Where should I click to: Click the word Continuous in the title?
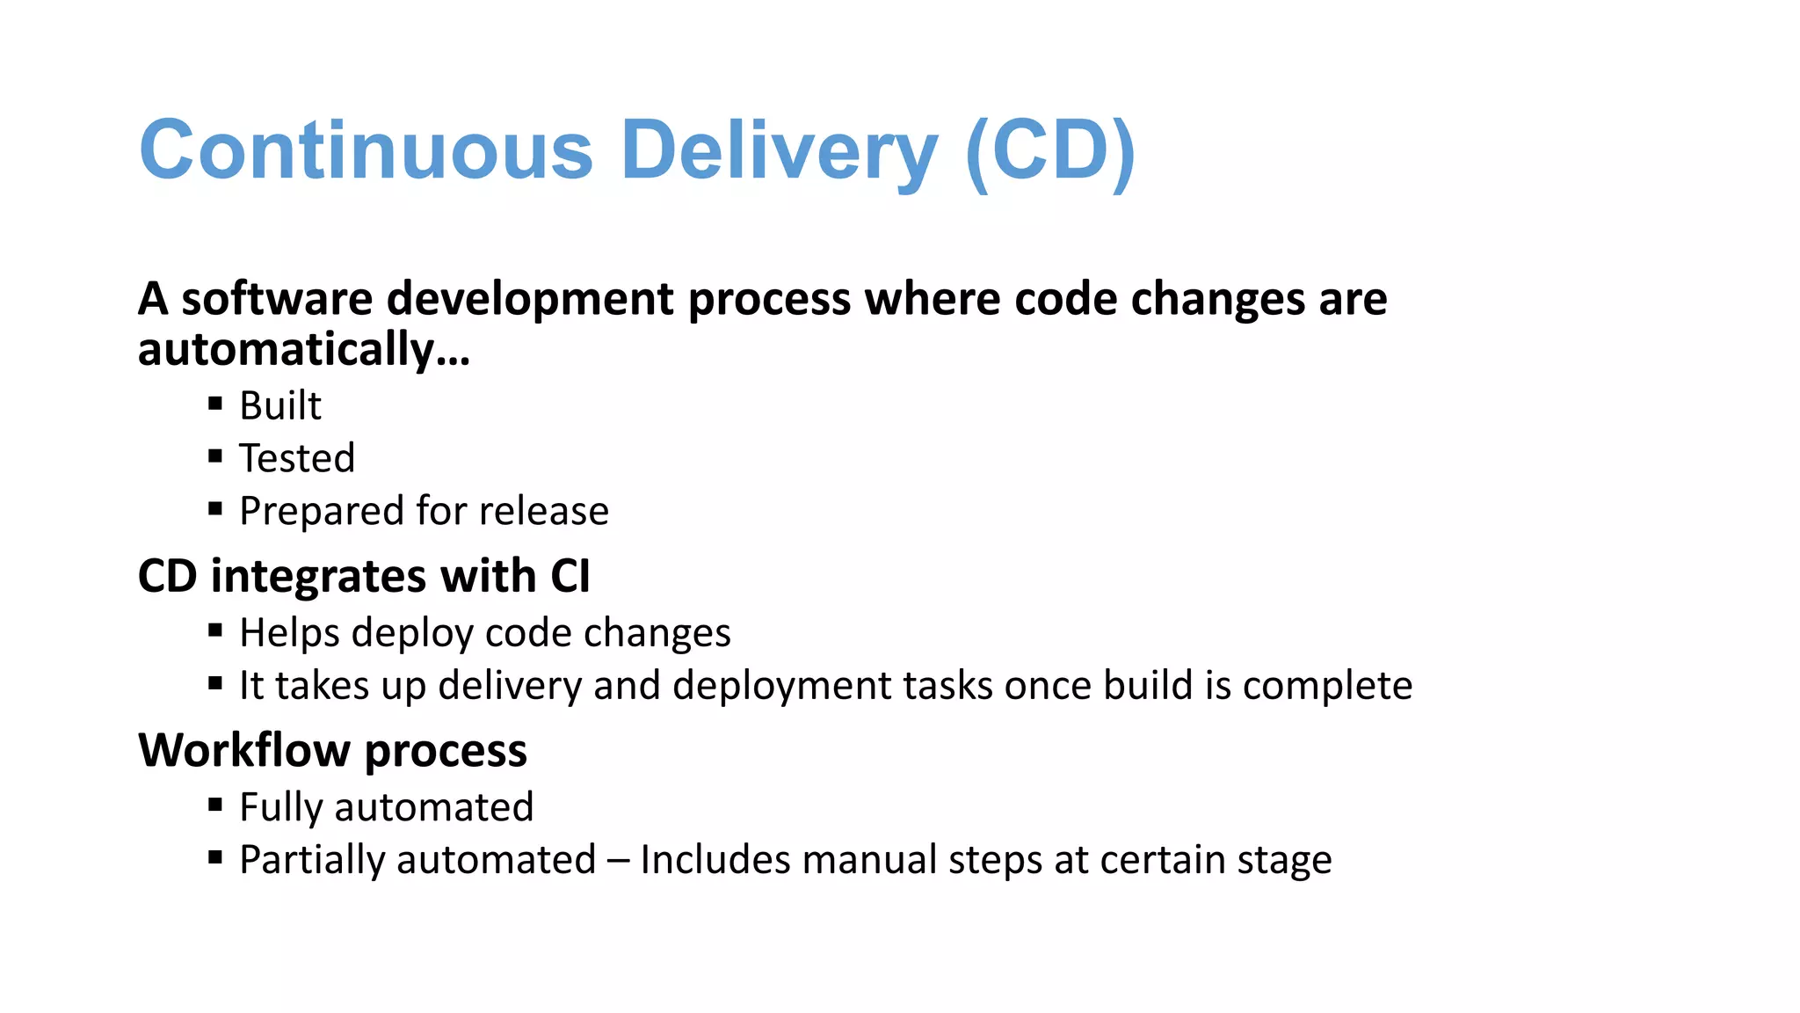pos(366,150)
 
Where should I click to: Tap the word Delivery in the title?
pos(779,150)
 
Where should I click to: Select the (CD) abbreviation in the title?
pos(1050,150)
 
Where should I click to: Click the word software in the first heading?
pos(277,299)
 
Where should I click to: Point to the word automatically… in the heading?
pos(304,350)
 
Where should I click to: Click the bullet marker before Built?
pos(215,404)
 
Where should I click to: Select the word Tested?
pos(297,458)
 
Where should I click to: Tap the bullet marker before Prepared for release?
pos(215,508)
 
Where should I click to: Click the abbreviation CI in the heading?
pos(570,577)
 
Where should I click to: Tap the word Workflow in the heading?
pos(244,751)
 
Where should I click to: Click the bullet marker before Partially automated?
pos(215,857)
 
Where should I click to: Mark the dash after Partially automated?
pos(618,860)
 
